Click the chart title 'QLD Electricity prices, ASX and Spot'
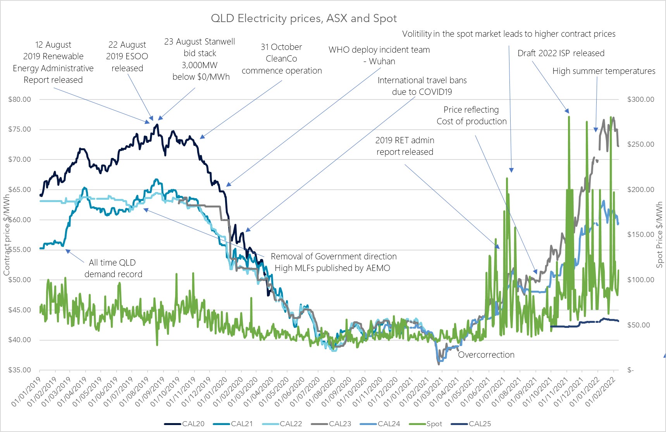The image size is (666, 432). pyautogui.click(x=304, y=19)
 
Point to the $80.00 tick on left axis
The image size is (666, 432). pyautogui.click(x=19, y=99)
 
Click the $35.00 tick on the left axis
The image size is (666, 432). pyautogui.click(x=19, y=370)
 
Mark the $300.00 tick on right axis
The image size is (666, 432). pyautogui.click(x=641, y=99)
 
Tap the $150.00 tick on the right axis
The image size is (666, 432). pyautogui.click(x=641, y=235)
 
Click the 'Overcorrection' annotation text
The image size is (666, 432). pyautogui.click(x=486, y=355)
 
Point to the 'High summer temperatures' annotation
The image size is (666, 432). pyautogui.click(x=604, y=71)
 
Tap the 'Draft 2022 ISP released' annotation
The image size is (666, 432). pyautogui.click(x=561, y=53)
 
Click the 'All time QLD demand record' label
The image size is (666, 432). pyautogui.click(x=113, y=268)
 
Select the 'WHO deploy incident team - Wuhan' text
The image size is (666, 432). pyautogui.click(x=379, y=55)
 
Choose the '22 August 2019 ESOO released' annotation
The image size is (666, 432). pyautogui.click(x=127, y=57)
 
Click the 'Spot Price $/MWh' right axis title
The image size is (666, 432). pyautogui.click(x=659, y=235)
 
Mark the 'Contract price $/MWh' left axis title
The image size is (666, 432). pyautogui.click(x=7, y=235)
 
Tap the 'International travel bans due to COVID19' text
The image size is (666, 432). pyautogui.click(x=422, y=86)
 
